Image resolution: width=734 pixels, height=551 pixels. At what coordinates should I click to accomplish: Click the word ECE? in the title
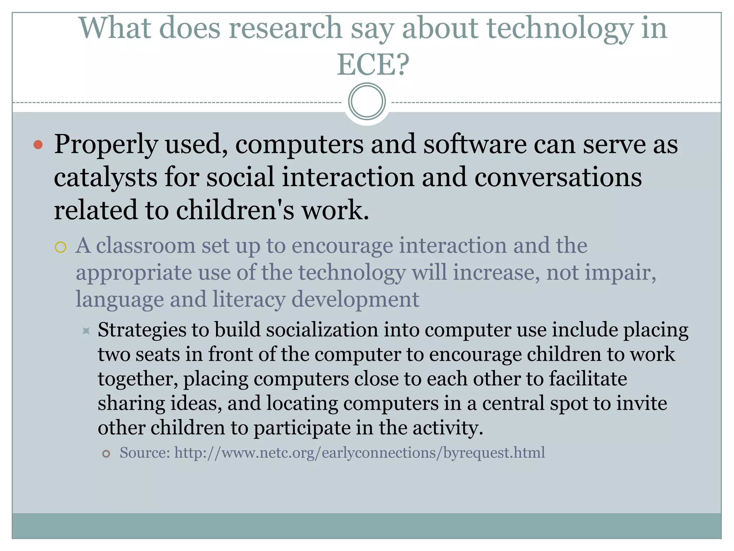tap(373, 65)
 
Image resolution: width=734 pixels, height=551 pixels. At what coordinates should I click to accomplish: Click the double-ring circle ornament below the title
tap(367, 102)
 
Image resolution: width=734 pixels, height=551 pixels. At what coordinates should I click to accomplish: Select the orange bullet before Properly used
tap(38, 145)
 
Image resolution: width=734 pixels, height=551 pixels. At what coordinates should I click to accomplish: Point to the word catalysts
tap(105, 178)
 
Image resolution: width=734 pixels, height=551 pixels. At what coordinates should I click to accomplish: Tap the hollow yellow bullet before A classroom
tap(61, 247)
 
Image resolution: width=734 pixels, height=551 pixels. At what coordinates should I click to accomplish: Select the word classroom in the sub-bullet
tap(146, 246)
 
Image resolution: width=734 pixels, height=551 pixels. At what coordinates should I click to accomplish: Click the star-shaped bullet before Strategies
tap(86, 330)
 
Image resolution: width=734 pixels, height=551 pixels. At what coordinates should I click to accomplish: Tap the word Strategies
tap(142, 330)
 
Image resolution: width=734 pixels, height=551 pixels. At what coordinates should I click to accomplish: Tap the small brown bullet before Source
tap(106, 454)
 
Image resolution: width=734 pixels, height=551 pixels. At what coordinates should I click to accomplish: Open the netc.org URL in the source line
tap(359, 453)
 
